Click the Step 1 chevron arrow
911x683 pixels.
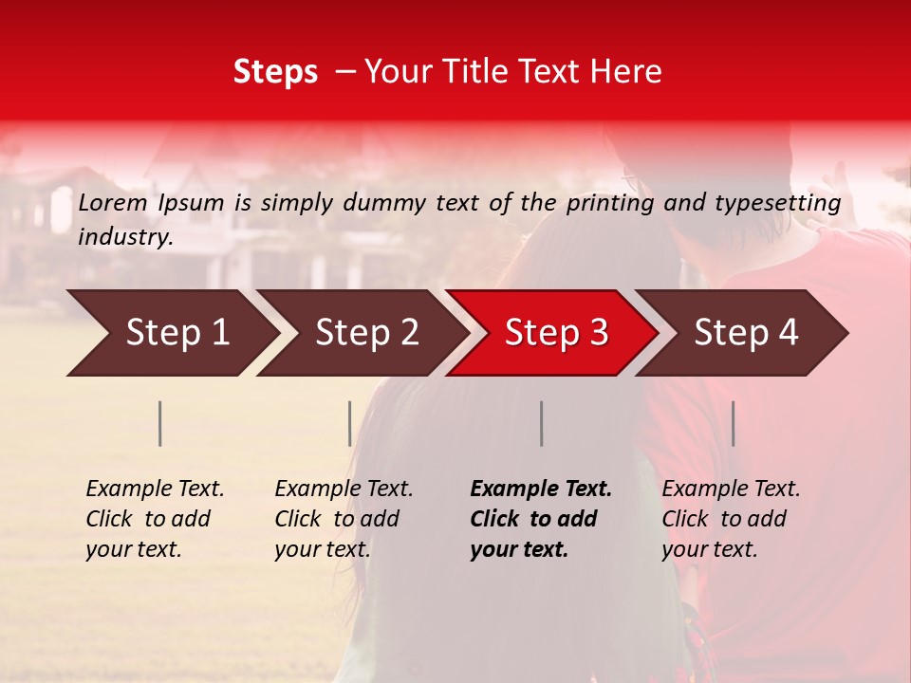[171, 333]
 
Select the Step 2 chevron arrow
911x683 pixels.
[361, 333]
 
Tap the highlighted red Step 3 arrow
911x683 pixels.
[551, 333]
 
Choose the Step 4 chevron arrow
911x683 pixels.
[741, 333]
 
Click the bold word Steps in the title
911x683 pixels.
[275, 72]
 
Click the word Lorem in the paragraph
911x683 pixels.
[112, 202]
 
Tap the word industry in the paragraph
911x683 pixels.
[125, 237]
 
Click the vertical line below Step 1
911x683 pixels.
[160, 423]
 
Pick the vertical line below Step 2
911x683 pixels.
[350, 423]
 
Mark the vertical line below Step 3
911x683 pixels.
[541, 423]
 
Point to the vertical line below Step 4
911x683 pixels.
[733, 423]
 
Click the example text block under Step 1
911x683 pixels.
[155, 519]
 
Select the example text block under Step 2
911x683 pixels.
[344, 519]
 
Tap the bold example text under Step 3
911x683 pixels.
[540, 519]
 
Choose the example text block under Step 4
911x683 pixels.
[731, 519]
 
